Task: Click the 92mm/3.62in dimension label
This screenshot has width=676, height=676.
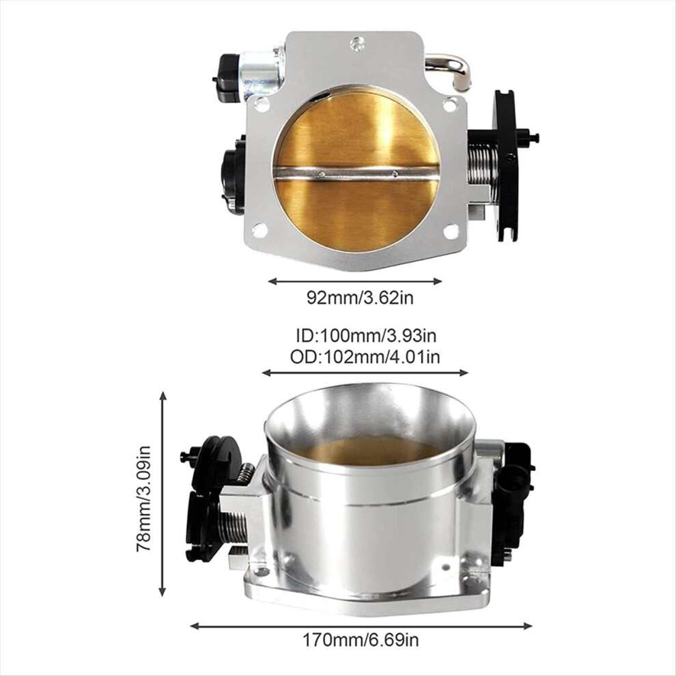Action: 360,298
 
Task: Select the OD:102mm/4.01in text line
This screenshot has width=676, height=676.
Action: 365,357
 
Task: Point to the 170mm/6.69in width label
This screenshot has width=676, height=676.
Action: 361,640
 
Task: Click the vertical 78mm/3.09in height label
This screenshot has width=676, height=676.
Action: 143,498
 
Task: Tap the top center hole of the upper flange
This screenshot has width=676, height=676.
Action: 357,44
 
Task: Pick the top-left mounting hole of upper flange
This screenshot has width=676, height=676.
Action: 262,104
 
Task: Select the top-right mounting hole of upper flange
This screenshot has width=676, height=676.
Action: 450,104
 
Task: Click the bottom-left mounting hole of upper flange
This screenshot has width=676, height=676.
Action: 259,230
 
